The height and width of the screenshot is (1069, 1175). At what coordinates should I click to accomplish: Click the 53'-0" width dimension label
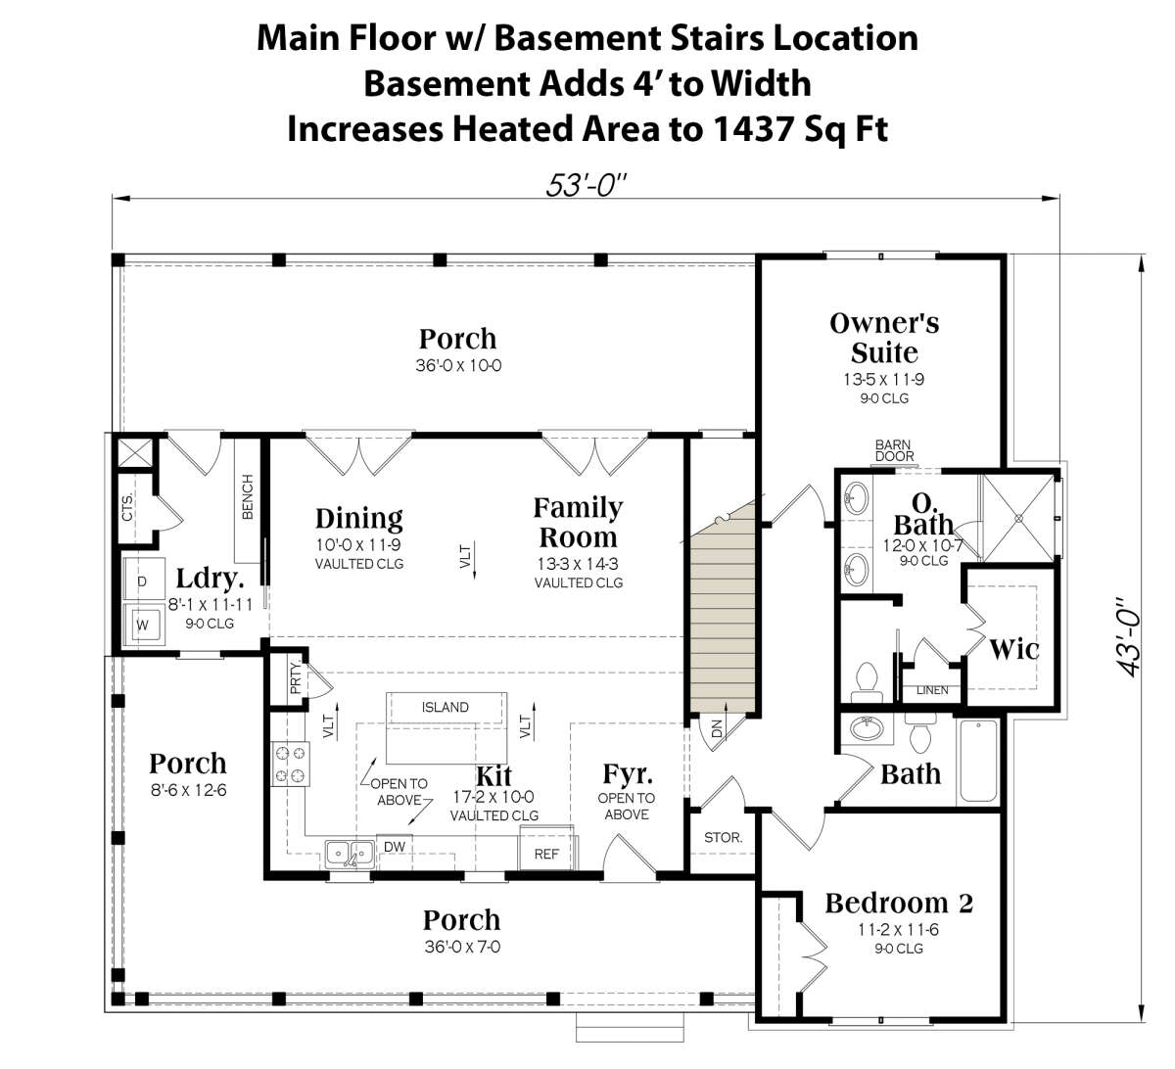point(586,186)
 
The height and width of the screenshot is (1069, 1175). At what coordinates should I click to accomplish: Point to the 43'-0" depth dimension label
point(1129,637)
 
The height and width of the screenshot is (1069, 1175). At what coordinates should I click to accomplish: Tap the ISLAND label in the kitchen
point(446,707)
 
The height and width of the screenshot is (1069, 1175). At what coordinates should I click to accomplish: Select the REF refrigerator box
point(546,849)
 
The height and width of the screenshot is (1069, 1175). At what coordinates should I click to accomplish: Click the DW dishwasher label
point(395,847)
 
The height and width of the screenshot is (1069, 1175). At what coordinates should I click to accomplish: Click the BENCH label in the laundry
point(248,496)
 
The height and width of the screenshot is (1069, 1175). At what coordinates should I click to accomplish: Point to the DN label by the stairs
point(717,728)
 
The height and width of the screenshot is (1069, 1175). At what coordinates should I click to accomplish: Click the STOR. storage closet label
point(723,838)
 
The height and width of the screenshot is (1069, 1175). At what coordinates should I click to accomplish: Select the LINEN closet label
point(932,690)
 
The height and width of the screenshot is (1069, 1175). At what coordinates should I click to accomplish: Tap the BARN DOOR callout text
point(894,450)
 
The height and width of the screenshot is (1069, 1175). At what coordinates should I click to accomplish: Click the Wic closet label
point(1013,649)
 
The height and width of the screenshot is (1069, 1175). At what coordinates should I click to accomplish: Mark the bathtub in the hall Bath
point(979,761)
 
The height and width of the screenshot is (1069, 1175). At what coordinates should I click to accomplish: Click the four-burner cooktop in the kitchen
point(291,764)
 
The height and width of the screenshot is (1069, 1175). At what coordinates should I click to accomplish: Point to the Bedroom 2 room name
point(899,904)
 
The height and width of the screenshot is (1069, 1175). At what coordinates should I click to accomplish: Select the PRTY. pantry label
point(296,677)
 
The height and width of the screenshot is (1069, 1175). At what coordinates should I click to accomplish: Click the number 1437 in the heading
point(754,129)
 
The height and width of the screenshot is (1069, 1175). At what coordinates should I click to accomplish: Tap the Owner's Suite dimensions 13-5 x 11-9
point(884,380)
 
